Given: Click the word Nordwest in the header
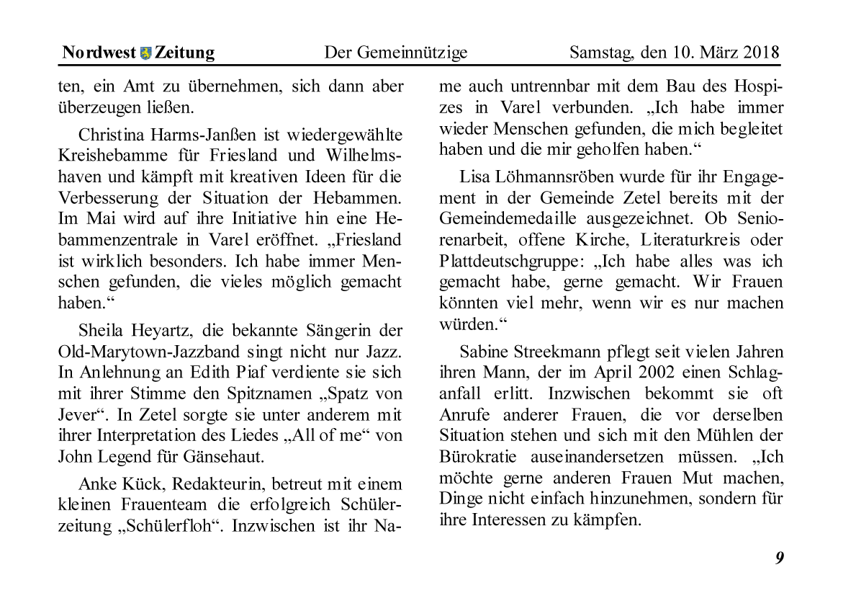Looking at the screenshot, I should [x=97, y=53].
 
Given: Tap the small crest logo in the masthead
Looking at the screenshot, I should [x=145, y=53].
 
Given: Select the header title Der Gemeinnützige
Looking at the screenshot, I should [x=395, y=53].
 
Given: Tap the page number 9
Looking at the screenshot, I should [x=779, y=558].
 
